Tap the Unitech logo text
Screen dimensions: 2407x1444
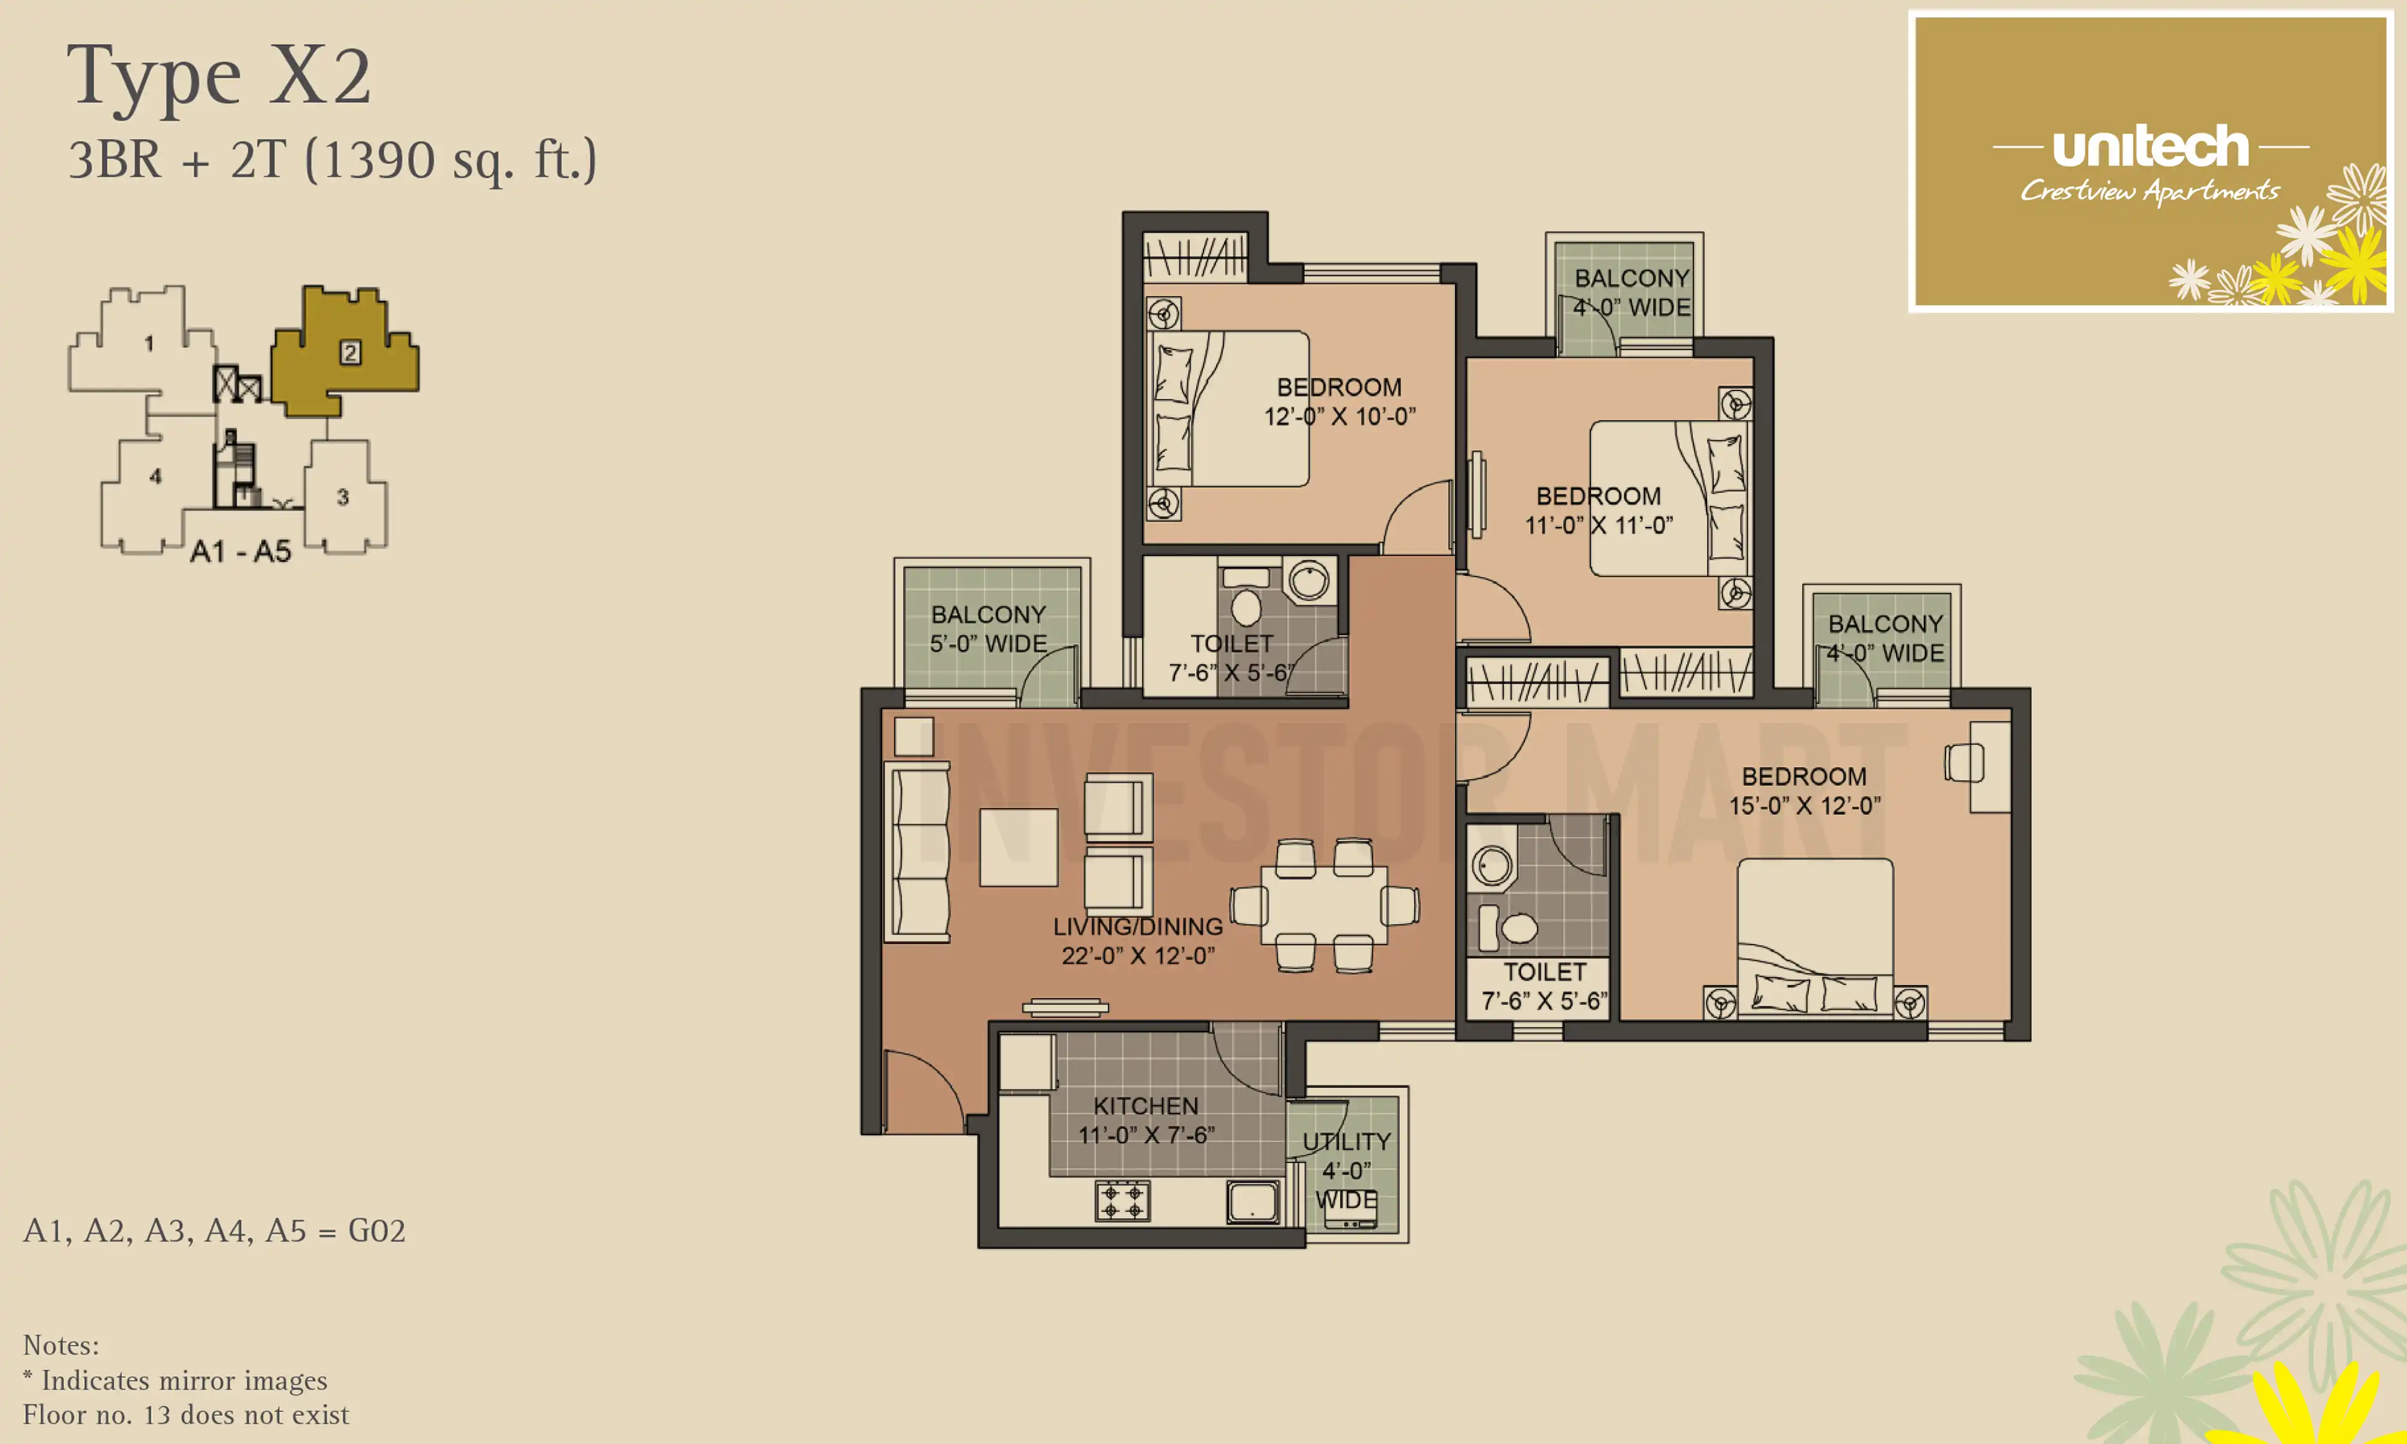(2150, 147)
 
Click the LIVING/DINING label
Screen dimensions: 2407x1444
(1137, 927)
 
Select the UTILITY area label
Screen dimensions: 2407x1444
(1347, 1141)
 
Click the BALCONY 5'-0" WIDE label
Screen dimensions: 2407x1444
(989, 629)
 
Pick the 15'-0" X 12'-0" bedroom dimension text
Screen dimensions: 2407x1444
(1804, 806)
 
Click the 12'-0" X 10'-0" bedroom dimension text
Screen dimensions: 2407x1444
(1339, 416)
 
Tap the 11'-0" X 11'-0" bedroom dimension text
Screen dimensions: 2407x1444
(1598, 525)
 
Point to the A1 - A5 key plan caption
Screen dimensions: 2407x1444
(240, 552)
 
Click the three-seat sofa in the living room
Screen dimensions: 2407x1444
(916, 851)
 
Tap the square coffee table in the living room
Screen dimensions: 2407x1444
(1019, 847)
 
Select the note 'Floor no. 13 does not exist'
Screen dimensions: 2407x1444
(186, 1415)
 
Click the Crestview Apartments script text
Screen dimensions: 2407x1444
(2149, 191)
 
